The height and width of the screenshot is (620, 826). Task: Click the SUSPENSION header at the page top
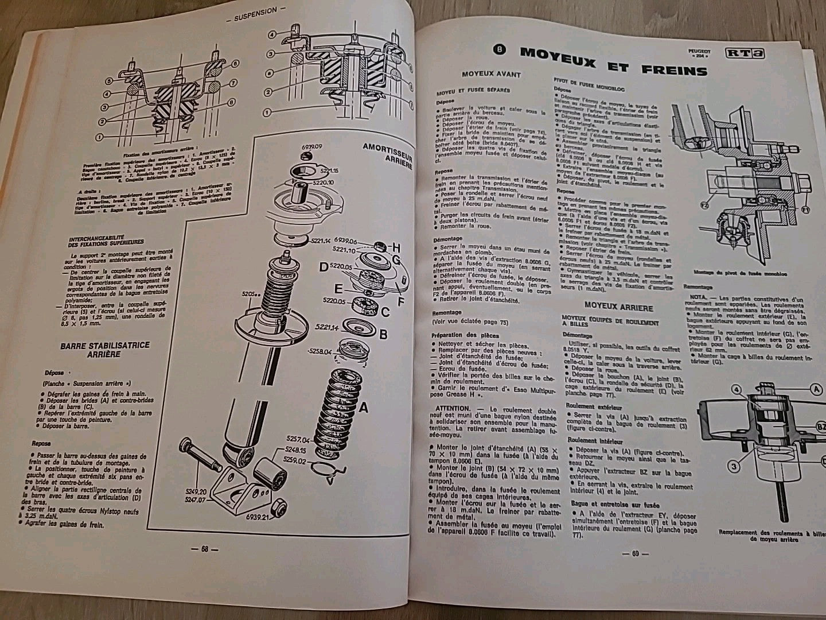(x=256, y=10)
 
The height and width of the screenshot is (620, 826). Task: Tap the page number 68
(x=204, y=548)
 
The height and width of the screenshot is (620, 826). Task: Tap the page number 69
(x=634, y=554)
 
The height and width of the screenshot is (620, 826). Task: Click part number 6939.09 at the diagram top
(x=311, y=148)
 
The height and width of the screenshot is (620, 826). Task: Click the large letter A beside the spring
(x=363, y=409)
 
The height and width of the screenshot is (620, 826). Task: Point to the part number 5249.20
(x=194, y=508)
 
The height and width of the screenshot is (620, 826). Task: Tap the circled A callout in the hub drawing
(x=816, y=389)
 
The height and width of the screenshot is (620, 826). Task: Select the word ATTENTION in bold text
(x=452, y=408)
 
